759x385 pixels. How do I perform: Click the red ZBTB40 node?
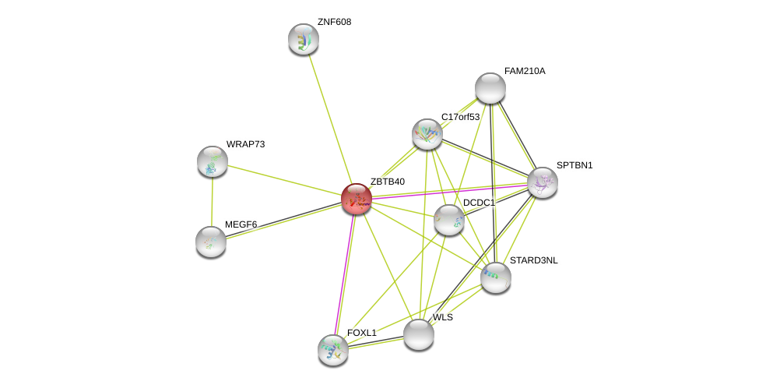357,199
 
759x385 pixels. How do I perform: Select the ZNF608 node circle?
304,39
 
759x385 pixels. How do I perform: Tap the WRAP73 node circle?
213,161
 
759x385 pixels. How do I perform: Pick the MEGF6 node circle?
211,242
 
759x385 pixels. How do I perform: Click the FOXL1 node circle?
333,350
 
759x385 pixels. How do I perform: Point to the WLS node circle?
419,334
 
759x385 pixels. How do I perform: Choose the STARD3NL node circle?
496,277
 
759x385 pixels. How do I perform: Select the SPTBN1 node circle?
543,182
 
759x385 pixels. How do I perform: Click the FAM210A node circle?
490,88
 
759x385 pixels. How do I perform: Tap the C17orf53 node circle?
427,134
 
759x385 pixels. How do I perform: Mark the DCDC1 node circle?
449,220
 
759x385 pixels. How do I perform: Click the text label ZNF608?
334,22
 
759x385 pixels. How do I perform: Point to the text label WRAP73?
245,144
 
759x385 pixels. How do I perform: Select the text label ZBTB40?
387,182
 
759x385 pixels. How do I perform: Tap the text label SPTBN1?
575,165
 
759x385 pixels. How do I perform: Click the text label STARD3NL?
533,260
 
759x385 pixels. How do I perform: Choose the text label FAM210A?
525,71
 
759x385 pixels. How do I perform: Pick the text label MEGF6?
241,224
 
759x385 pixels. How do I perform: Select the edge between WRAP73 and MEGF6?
212,201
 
